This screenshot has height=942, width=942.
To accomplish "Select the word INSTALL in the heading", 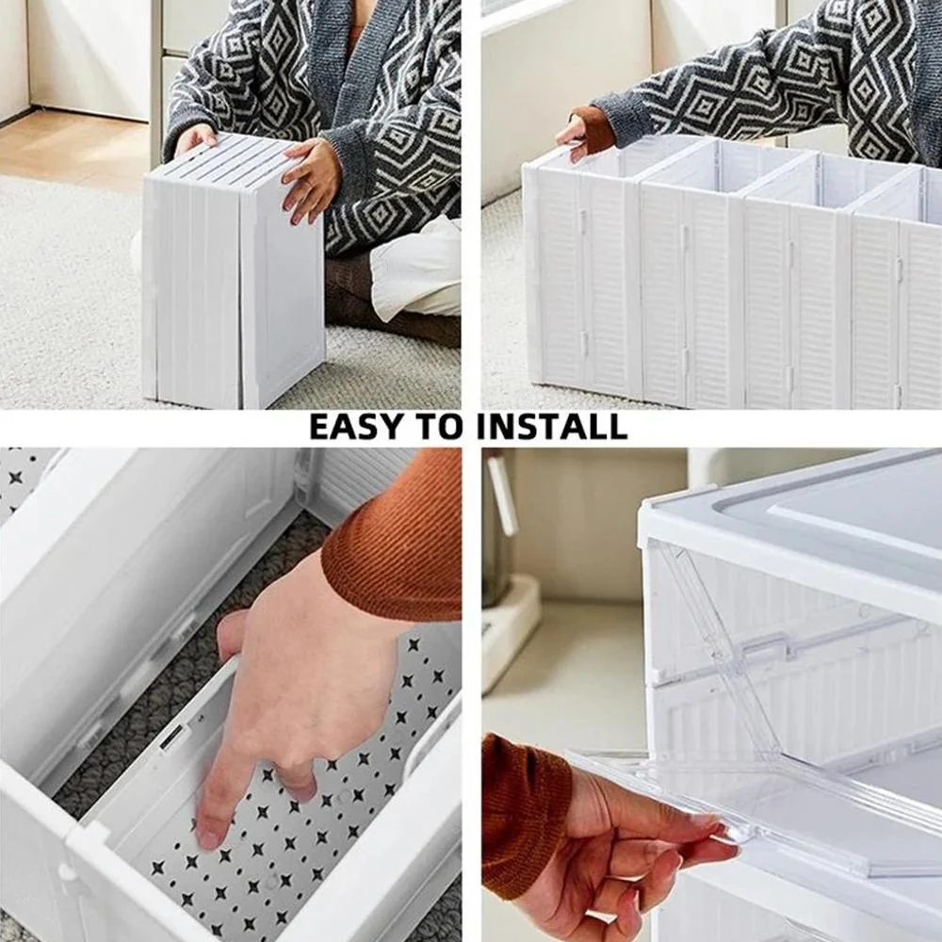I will tap(551, 427).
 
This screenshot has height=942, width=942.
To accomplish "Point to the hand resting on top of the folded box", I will tap(195, 138).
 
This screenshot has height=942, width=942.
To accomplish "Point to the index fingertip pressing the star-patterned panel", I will tap(209, 834).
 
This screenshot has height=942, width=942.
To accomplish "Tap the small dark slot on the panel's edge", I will tap(172, 737).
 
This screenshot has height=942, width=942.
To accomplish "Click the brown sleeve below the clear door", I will tap(523, 810).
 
